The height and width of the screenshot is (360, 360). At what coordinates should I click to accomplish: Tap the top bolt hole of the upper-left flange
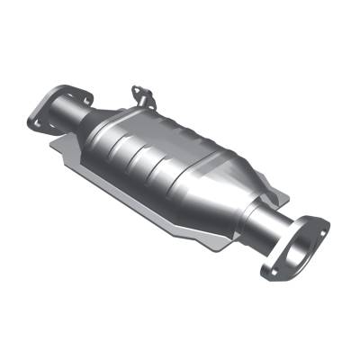coord(67,90)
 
